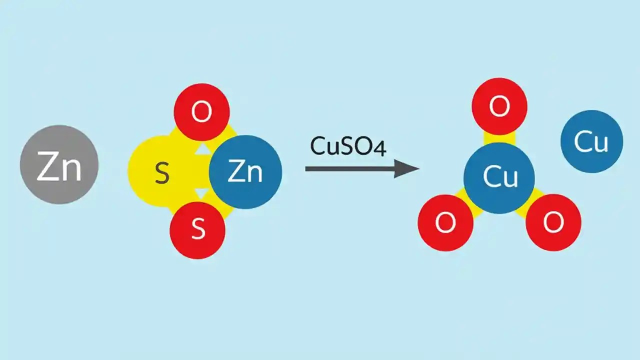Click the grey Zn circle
59,164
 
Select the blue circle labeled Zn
245,172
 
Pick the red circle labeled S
197,230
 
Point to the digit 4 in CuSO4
380,147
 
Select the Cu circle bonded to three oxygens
499,177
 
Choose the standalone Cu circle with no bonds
591,141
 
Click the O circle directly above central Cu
499,106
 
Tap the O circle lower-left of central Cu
445,222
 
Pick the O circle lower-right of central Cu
553,222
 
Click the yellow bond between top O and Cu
499,138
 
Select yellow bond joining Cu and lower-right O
526,203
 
